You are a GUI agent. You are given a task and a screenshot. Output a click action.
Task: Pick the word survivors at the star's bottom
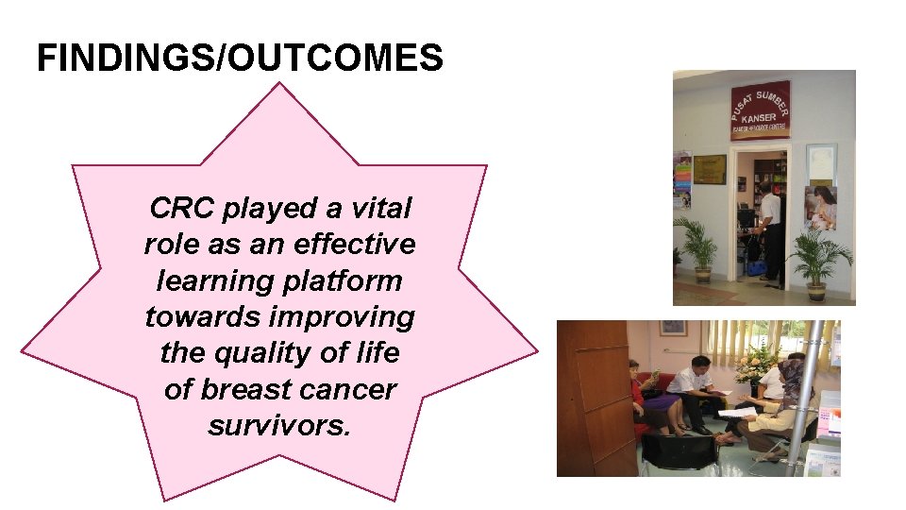coord(279,426)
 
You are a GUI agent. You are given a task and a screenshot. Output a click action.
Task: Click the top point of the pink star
coord(279,87)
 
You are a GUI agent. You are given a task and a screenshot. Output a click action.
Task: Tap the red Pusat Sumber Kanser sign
coord(760,109)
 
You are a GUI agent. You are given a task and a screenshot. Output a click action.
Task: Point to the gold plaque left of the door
coord(710,168)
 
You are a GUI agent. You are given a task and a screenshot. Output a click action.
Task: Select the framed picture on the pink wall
coord(673,327)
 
